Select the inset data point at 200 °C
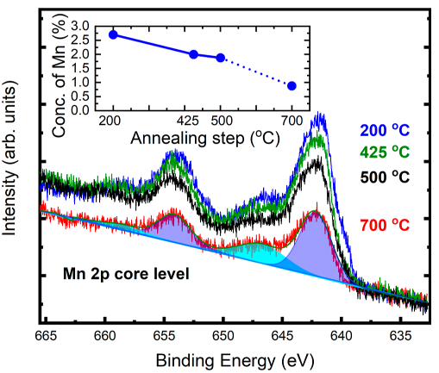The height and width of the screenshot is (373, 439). [x=113, y=34]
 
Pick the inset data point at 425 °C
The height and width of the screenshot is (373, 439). [x=193, y=54]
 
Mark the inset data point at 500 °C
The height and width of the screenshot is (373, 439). [x=221, y=58]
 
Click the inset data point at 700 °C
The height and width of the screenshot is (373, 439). [x=292, y=85]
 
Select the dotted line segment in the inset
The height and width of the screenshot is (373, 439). [x=256, y=71]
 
